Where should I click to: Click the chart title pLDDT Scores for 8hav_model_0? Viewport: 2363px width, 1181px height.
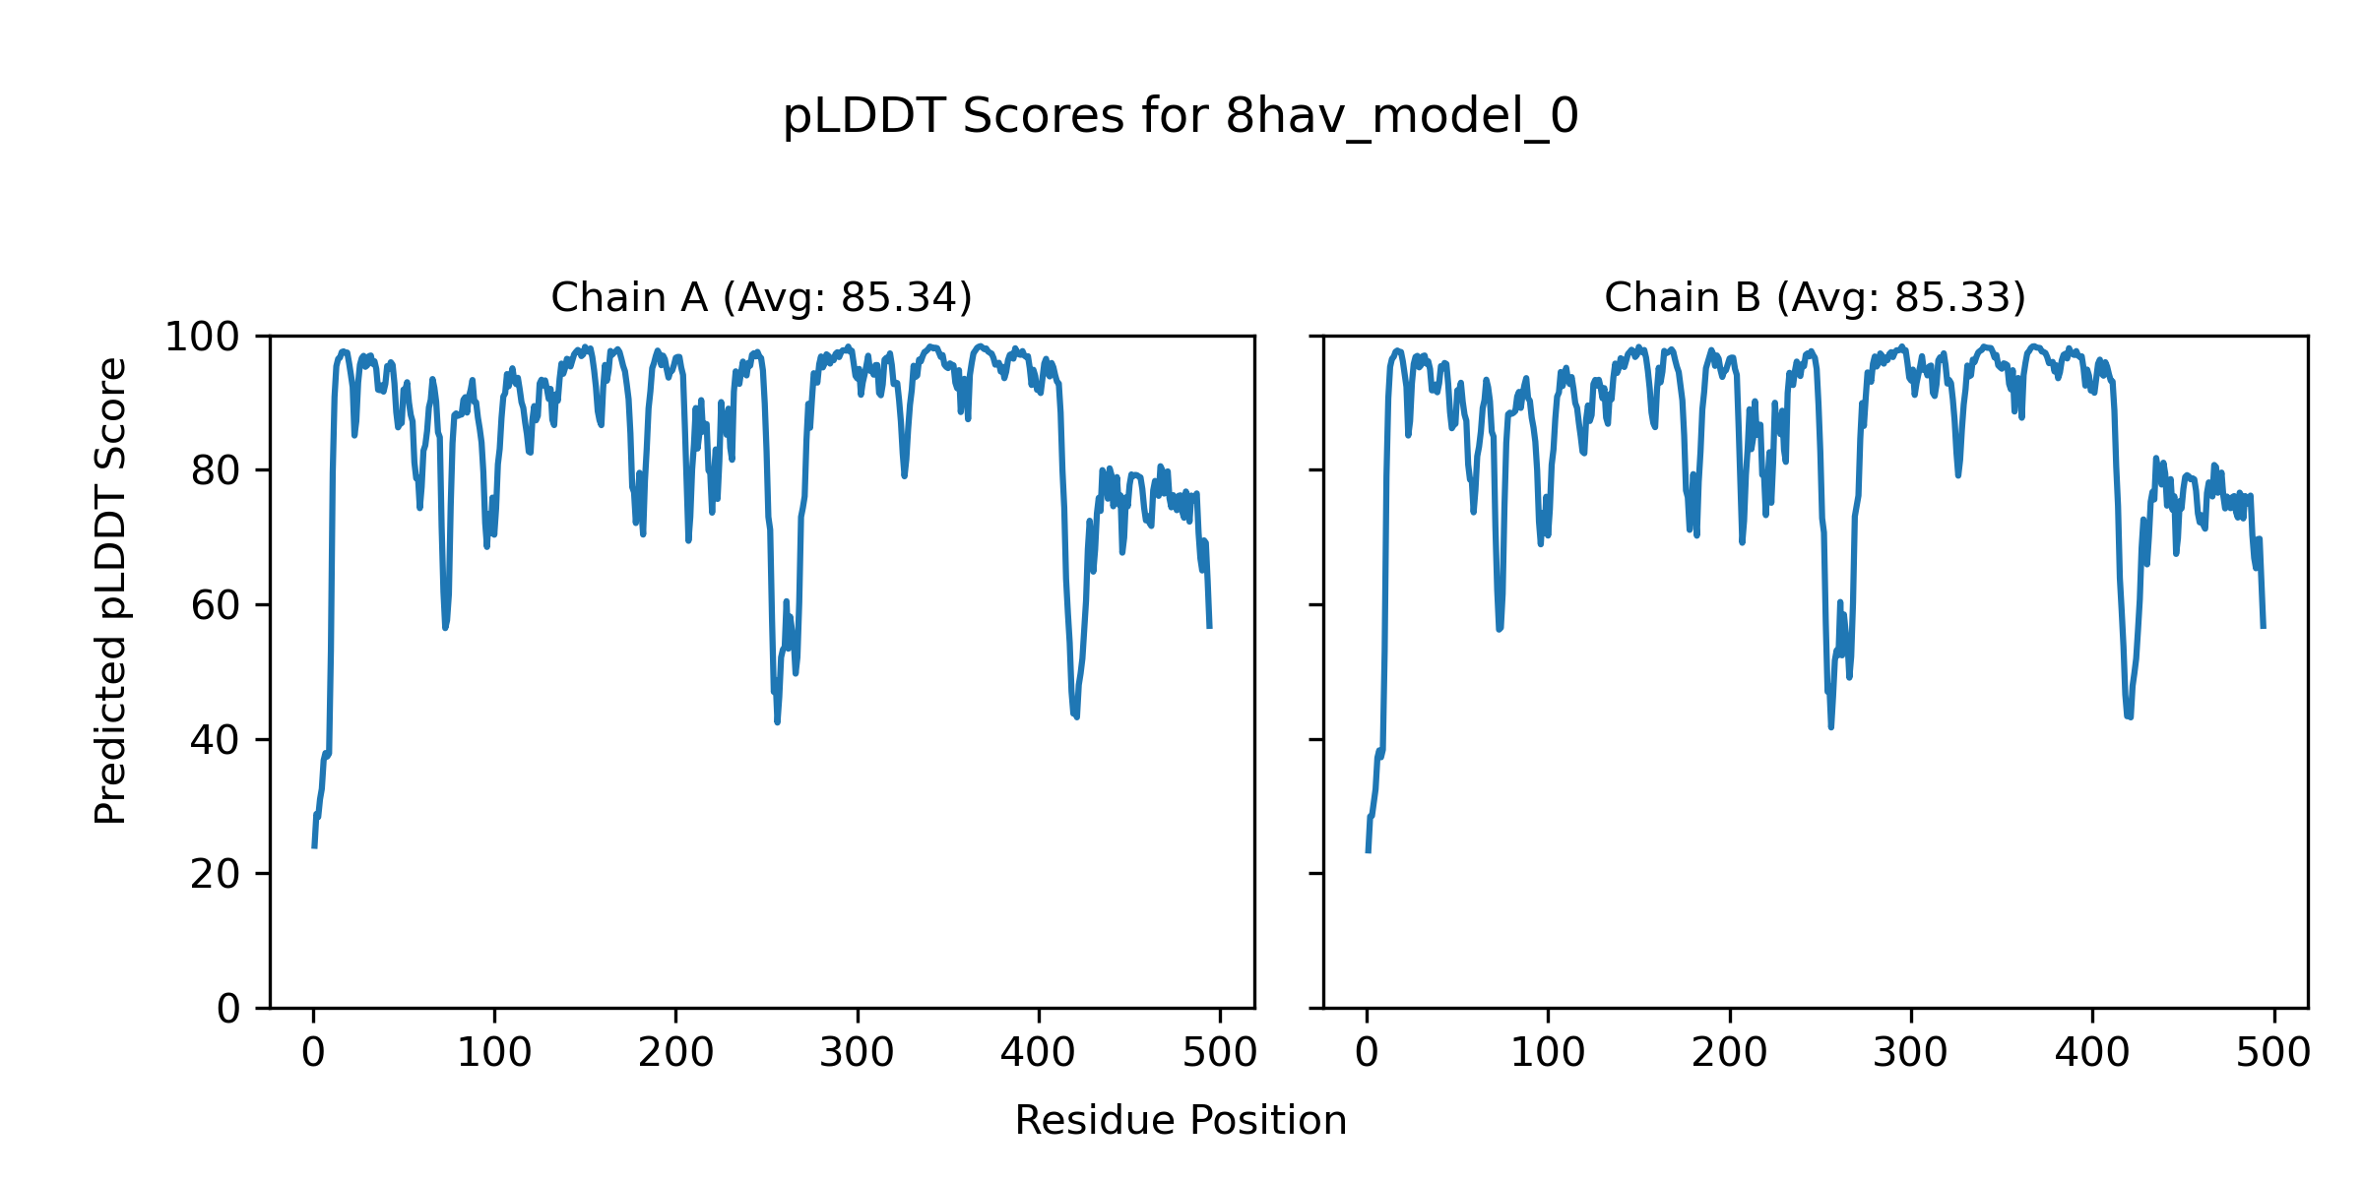1181,117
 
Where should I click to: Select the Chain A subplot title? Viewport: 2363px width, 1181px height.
761,297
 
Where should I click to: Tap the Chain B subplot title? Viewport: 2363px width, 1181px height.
1815,297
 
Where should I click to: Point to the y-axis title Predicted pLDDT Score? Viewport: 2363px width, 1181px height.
110,590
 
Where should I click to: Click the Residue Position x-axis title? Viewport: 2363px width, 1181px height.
1181,1121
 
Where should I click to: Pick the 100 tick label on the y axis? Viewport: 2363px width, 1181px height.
202,338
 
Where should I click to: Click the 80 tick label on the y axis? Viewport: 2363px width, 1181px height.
216,471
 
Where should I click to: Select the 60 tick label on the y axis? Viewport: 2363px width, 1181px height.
216,605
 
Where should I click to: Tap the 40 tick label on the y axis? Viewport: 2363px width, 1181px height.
216,740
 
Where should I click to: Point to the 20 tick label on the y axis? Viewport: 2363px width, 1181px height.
216,874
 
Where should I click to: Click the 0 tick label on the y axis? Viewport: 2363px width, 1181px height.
228,1009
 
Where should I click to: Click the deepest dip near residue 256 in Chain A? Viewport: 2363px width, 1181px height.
777,722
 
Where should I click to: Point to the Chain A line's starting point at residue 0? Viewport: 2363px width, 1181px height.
314,846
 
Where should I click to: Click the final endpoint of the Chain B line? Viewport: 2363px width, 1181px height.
2264,627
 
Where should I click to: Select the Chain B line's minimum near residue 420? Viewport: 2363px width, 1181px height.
2130,717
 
